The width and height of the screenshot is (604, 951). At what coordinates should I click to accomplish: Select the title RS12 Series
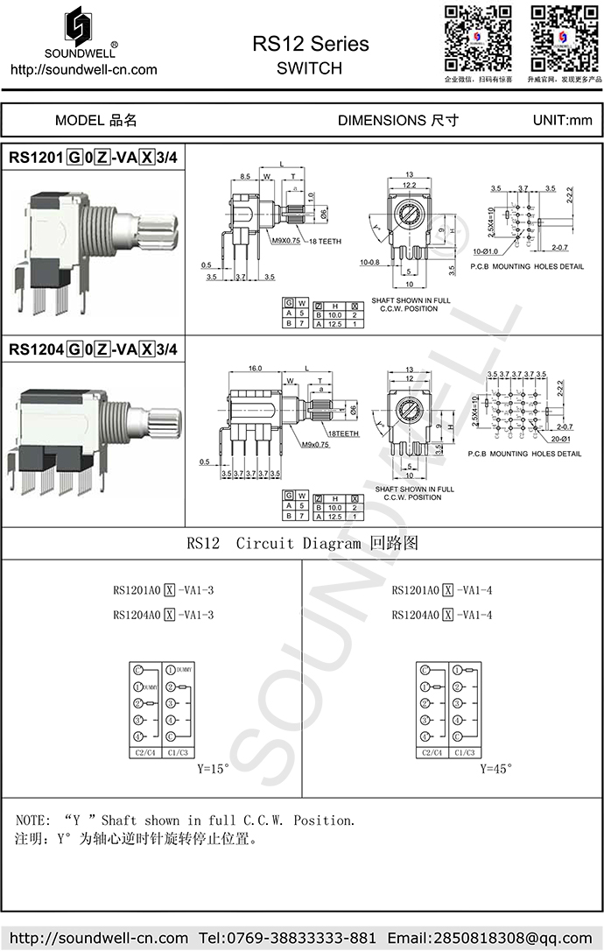tap(310, 44)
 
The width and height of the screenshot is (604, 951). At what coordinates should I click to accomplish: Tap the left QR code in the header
tap(477, 38)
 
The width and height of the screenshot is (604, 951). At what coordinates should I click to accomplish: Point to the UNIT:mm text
tap(562, 120)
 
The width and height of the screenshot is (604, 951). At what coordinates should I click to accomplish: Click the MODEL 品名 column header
tap(95, 120)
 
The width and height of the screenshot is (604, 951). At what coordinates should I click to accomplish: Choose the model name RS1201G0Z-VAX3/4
tap(94, 158)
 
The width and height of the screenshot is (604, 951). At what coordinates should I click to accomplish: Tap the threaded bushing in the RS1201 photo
tap(108, 236)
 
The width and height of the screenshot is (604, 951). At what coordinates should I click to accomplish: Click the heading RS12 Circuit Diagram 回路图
tap(302, 543)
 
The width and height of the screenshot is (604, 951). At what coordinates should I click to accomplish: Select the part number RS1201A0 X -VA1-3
tap(163, 589)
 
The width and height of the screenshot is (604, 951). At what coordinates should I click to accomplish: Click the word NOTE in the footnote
tap(33, 821)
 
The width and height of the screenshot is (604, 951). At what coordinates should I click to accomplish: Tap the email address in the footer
tap(490, 938)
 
